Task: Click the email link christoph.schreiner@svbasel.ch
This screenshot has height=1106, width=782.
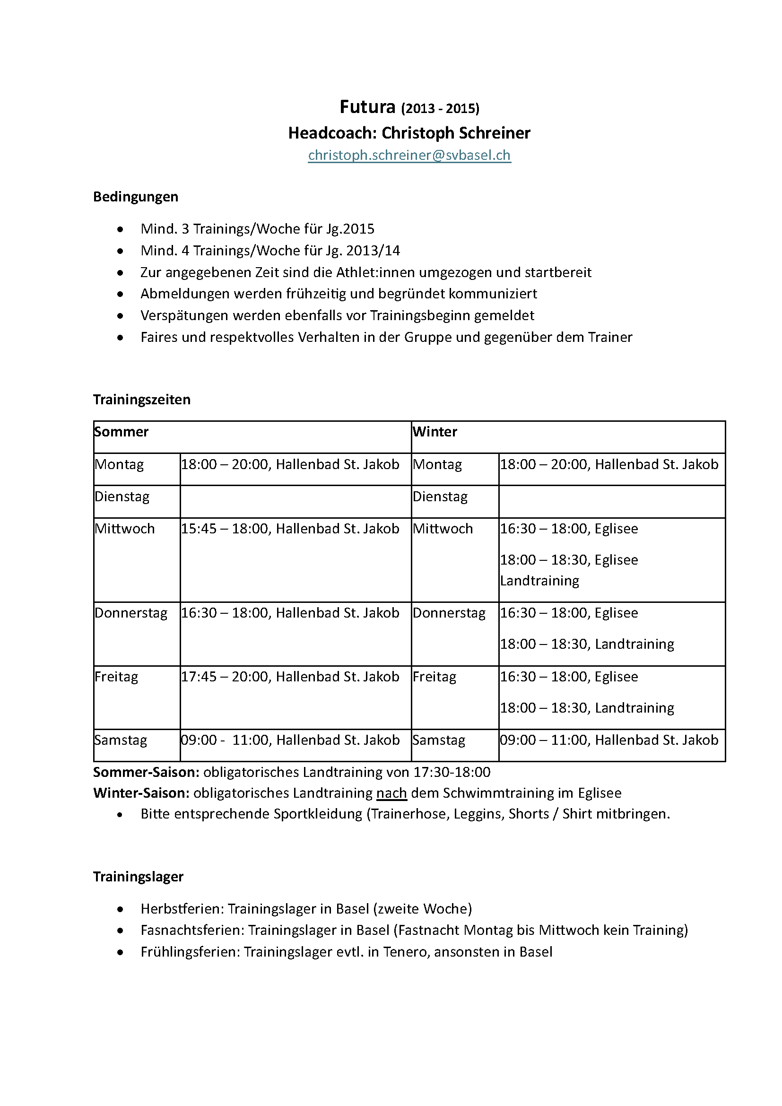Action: click(x=409, y=155)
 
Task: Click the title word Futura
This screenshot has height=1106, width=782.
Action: click(x=367, y=106)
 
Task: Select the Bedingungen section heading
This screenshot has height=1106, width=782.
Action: click(x=135, y=197)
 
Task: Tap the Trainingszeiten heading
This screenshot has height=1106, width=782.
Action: click(x=141, y=400)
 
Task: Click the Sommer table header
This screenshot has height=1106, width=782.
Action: click(x=122, y=432)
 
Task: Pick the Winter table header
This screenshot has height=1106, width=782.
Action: click(x=434, y=432)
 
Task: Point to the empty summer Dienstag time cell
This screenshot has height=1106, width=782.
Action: click(x=295, y=501)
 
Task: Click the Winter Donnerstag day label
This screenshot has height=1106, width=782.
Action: click(x=449, y=613)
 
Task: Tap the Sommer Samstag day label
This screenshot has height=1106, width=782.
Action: click(x=121, y=740)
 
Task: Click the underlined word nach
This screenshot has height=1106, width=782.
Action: click(x=391, y=793)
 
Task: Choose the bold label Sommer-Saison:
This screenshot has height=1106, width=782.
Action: click(x=146, y=772)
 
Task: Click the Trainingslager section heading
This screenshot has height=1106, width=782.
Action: click(x=138, y=876)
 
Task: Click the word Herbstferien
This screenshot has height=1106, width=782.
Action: click(x=182, y=908)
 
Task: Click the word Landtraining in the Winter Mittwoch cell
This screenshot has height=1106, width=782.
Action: click(x=539, y=581)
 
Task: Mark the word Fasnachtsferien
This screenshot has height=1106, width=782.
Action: click(x=191, y=930)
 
